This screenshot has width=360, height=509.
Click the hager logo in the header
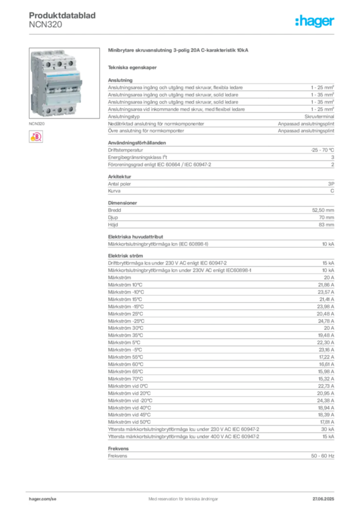pyautogui.click(x=315, y=21)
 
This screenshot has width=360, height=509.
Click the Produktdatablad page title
pyautogui.click(x=62, y=15)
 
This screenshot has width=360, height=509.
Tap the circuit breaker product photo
pyautogui.click(x=64, y=83)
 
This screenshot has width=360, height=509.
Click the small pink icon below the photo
pyautogui.click(x=36, y=137)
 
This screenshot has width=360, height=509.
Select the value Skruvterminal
pyautogui.click(x=319, y=116)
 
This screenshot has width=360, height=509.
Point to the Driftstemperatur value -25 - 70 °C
pyautogui.click(x=322, y=150)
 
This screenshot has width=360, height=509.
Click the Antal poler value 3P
pyautogui.click(x=331, y=184)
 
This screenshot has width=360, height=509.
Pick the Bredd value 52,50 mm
pyautogui.click(x=323, y=210)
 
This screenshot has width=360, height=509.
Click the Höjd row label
pyautogui.click(x=113, y=225)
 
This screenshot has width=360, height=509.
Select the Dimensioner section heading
pyautogui.click(x=122, y=203)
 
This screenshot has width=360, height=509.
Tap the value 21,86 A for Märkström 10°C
pyautogui.click(x=326, y=285)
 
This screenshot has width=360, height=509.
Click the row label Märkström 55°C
pyautogui.click(x=125, y=357)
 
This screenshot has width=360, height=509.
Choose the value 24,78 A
pyautogui.click(x=326, y=321)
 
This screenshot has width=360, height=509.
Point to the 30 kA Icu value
pyautogui.click(x=328, y=429)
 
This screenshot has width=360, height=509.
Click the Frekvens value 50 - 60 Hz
pyautogui.click(x=322, y=456)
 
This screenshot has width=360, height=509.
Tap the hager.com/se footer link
pyautogui.click(x=43, y=499)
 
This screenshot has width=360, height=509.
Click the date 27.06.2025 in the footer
pyautogui.click(x=323, y=499)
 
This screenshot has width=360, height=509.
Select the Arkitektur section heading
pyautogui.click(x=119, y=176)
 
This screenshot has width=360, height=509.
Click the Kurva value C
pyautogui.click(x=332, y=191)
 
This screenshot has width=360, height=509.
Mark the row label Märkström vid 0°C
pyautogui.click(x=128, y=386)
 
